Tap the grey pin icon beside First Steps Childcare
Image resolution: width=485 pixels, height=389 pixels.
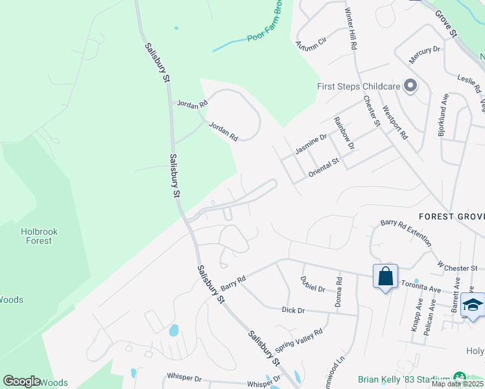(410, 86)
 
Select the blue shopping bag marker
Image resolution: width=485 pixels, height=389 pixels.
(385, 277)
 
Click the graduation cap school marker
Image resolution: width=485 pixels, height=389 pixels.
(473, 305)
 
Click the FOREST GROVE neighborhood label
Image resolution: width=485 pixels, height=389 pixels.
(451, 216)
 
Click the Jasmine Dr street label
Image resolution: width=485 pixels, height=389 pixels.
(311, 145)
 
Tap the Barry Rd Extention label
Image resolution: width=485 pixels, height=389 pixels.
(406, 231)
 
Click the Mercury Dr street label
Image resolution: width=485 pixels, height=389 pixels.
(424, 54)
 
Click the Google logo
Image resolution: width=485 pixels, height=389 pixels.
(21, 381)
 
